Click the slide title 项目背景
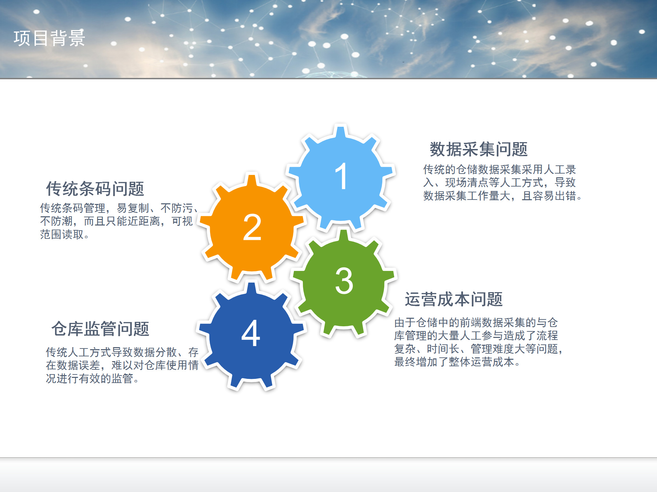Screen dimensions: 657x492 (49, 38)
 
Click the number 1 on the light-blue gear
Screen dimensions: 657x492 (341, 176)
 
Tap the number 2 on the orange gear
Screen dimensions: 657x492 (252, 227)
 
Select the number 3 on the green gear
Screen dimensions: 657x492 (344, 281)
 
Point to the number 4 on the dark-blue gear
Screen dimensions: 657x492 (251, 333)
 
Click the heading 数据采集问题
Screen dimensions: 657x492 (479, 149)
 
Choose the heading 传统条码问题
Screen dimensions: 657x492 (95, 189)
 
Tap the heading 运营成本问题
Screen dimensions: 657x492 (454, 299)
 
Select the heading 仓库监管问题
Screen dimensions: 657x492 (100, 329)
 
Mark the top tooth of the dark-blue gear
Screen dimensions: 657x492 (252, 289)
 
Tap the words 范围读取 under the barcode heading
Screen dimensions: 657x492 (62, 234)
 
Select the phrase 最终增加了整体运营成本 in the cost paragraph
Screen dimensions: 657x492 (454, 362)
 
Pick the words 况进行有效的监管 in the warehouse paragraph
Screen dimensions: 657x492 (90, 379)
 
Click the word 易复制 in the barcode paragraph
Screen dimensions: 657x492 (133, 208)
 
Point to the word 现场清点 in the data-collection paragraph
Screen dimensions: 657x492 (467, 183)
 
